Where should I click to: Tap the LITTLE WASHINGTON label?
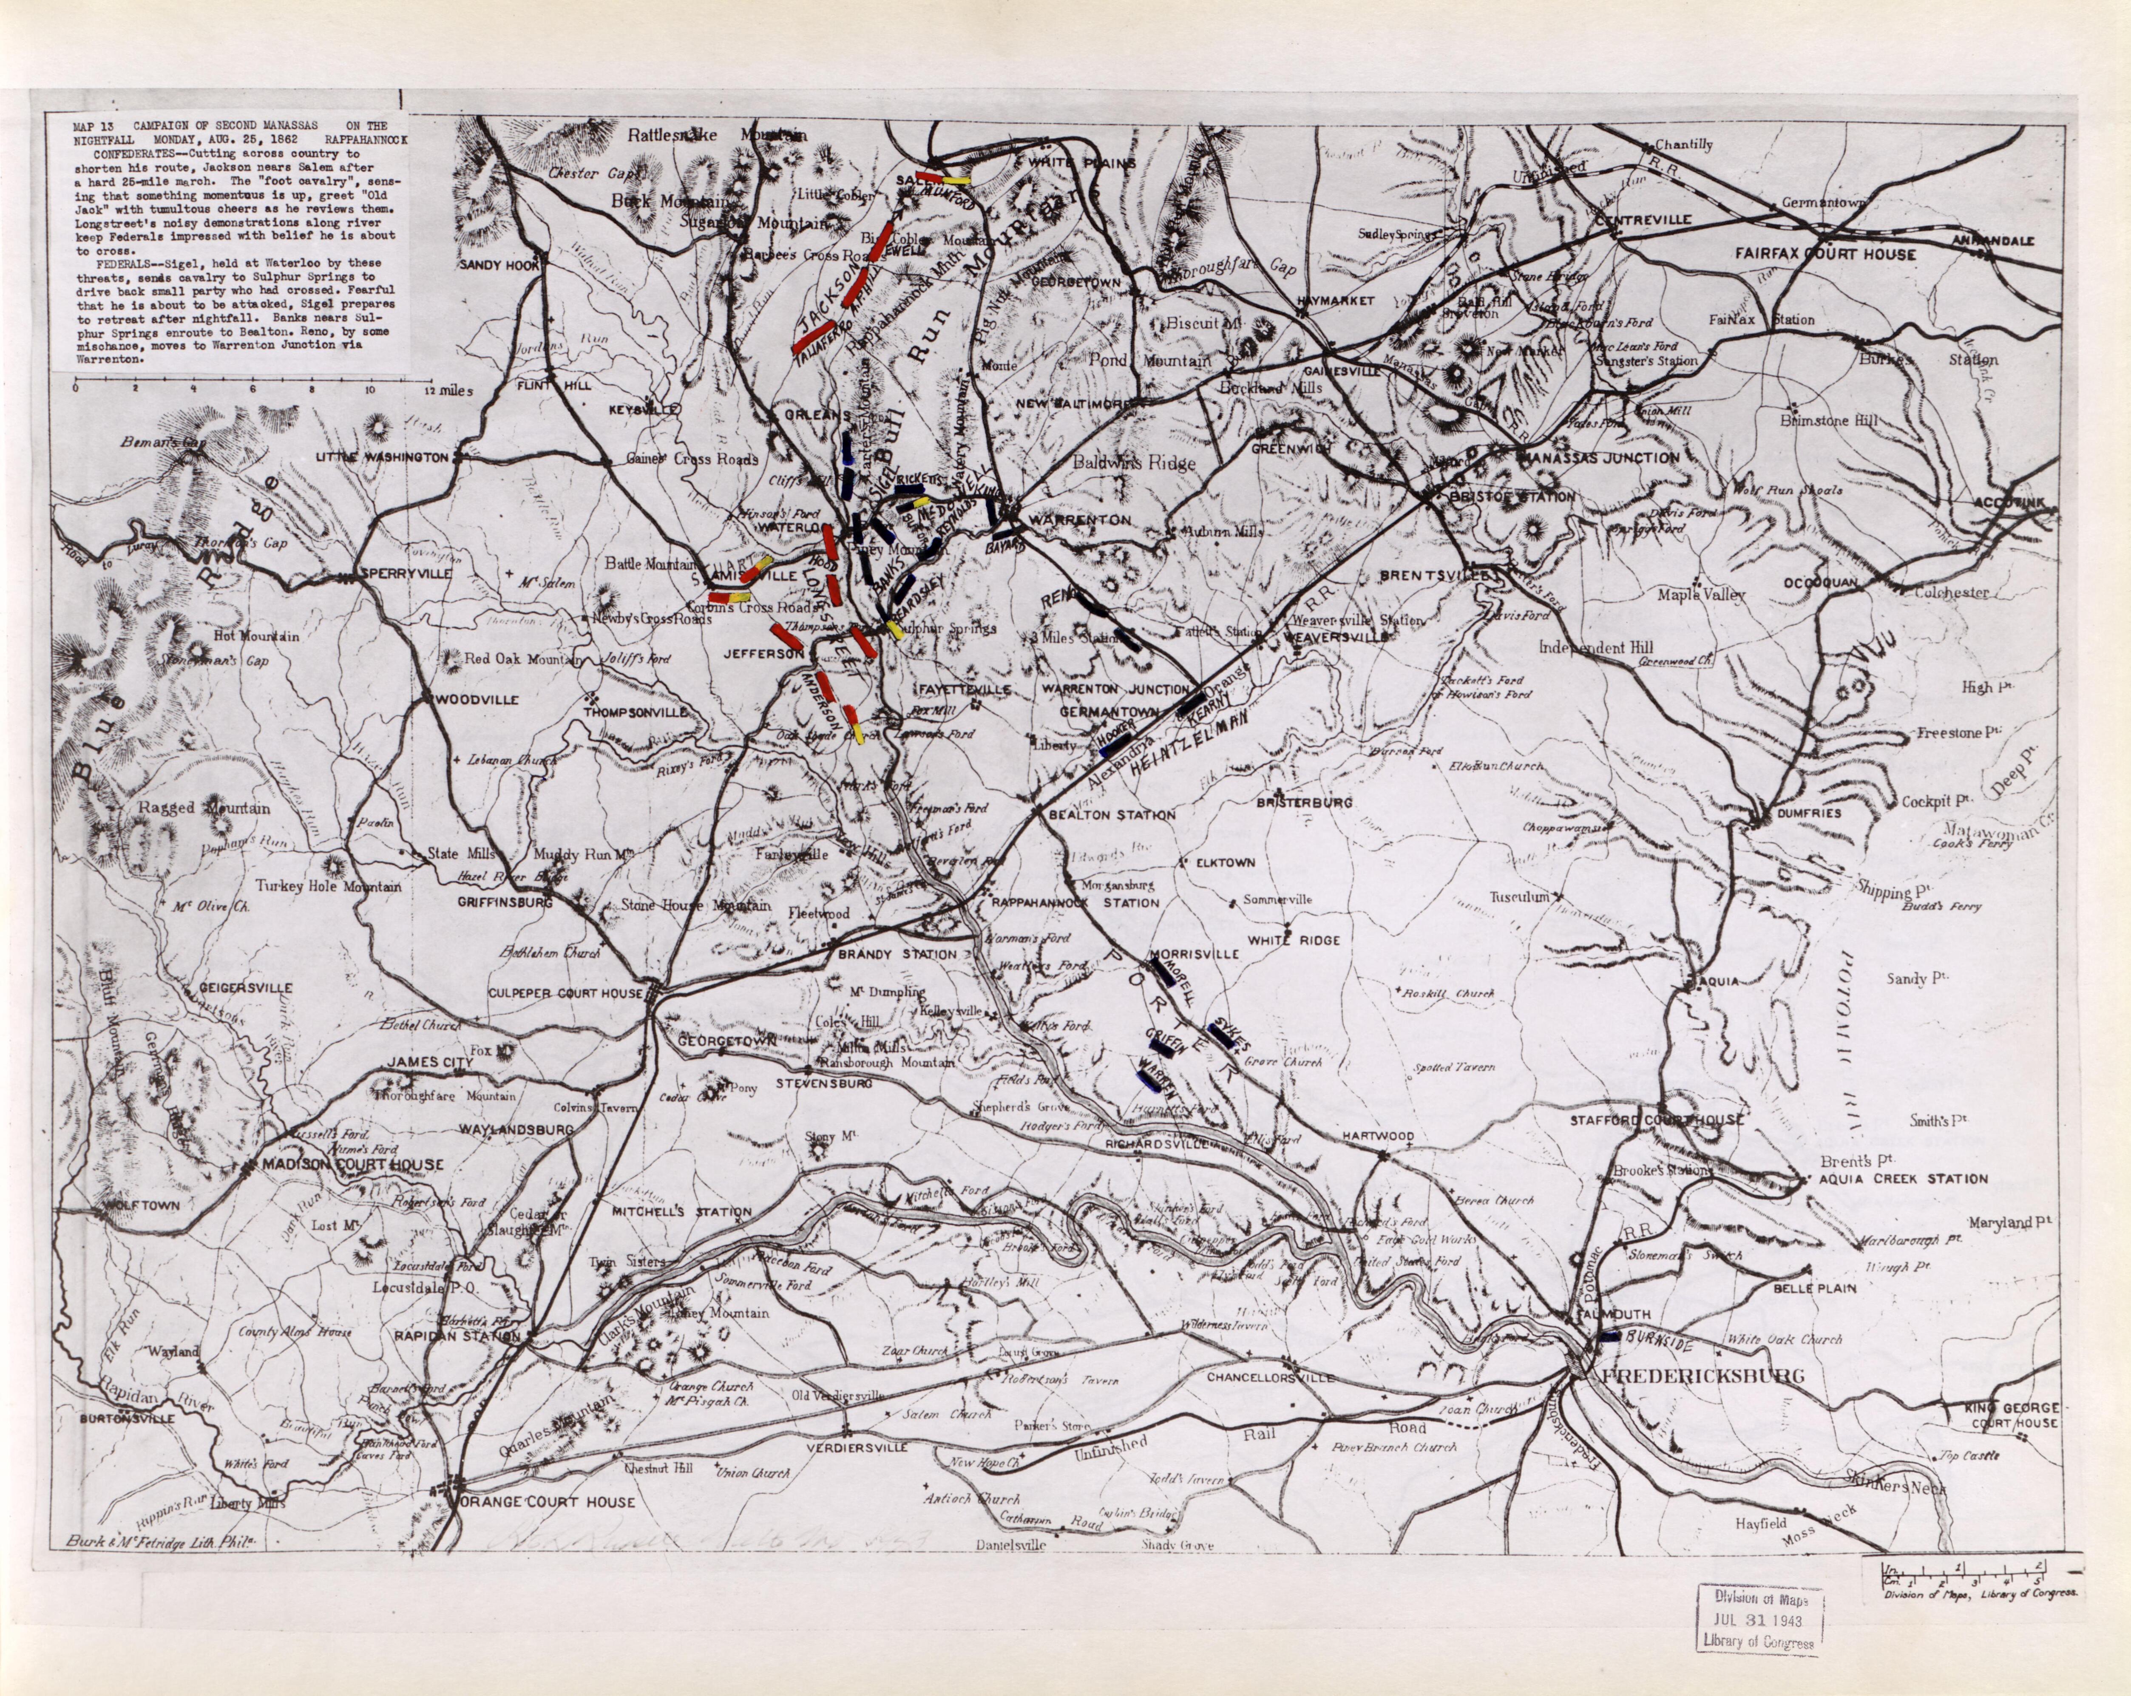[x=382, y=458]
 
